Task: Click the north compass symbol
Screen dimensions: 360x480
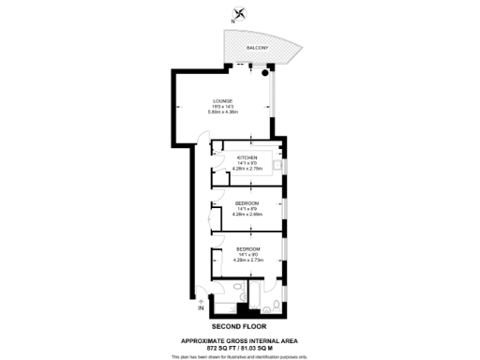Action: pyautogui.click(x=242, y=13)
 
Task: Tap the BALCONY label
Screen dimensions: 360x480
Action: pyautogui.click(x=257, y=47)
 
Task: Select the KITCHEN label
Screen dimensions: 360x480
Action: pyautogui.click(x=247, y=157)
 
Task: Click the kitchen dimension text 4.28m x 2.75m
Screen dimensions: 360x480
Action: pyautogui.click(x=247, y=169)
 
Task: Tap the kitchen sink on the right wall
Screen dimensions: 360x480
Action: pyautogui.click(x=277, y=168)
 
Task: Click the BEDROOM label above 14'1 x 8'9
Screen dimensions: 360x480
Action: pyautogui.click(x=247, y=202)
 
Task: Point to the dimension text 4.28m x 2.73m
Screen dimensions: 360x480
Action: pyautogui.click(x=247, y=261)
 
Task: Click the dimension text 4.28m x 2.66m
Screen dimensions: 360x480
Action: pyautogui.click(x=247, y=214)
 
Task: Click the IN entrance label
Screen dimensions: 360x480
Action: pyautogui.click(x=201, y=308)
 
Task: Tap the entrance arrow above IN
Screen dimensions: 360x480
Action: pyautogui.click(x=201, y=300)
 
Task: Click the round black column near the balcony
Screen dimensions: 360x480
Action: pyautogui.click(x=266, y=70)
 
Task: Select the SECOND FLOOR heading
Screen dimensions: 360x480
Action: pyautogui.click(x=240, y=324)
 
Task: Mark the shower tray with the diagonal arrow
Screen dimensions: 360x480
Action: pyautogui.click(x=222, y=306)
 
